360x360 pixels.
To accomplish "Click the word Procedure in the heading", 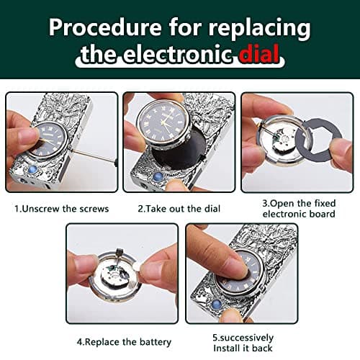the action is [x=105, y=27].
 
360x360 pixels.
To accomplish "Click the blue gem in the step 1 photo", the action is [x=32, y=170].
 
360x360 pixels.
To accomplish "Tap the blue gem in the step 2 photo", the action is [x=158, y=178].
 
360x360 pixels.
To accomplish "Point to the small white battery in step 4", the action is [x=137, y=266].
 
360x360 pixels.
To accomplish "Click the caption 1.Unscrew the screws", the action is [x=62, y=209].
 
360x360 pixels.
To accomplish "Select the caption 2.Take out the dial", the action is [x=179, y=209].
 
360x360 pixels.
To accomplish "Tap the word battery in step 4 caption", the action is [x=156, y=342].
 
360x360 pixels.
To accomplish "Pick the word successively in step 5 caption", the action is [x=246, y=338].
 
